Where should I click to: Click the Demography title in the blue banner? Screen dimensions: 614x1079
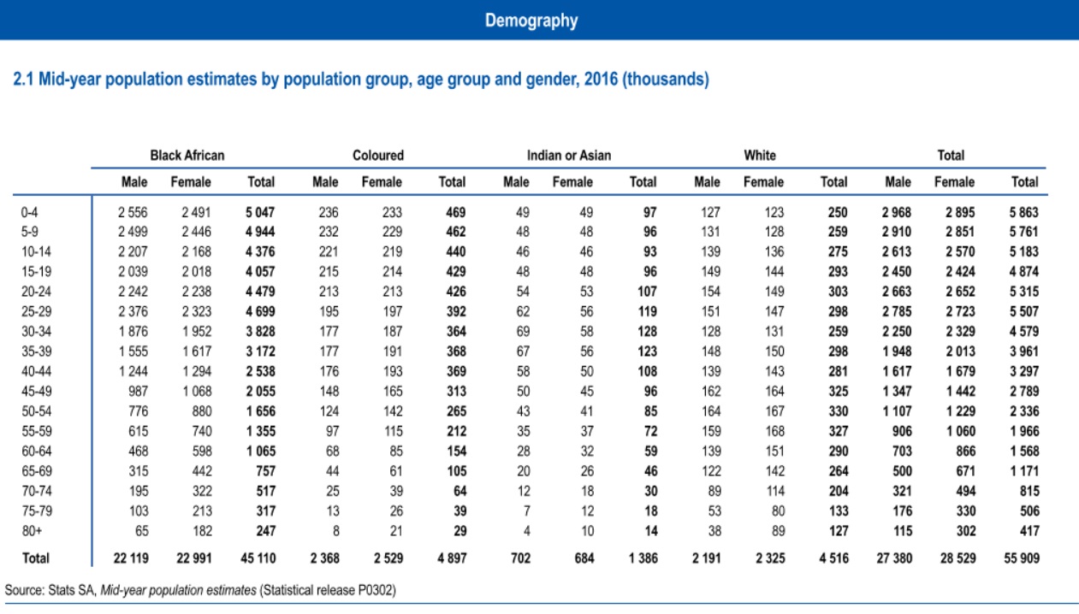point(531,21)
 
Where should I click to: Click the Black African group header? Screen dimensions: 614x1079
point(187,156)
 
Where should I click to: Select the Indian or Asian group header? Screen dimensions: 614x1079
point(569,156)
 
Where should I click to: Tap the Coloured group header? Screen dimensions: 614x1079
point(378,156)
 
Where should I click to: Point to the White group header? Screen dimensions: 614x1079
point(760,156)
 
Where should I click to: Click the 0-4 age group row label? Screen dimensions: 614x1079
point(29,212)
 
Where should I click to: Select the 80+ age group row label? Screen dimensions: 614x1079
point(29,530)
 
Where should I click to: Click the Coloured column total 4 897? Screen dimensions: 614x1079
point(451,558)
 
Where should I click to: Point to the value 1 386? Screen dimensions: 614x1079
point(642,558)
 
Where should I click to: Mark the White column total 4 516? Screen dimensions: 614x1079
point(833,558)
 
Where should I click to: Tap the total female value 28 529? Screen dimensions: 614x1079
point(955,558)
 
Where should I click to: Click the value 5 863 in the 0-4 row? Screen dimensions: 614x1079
point(1024,212)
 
